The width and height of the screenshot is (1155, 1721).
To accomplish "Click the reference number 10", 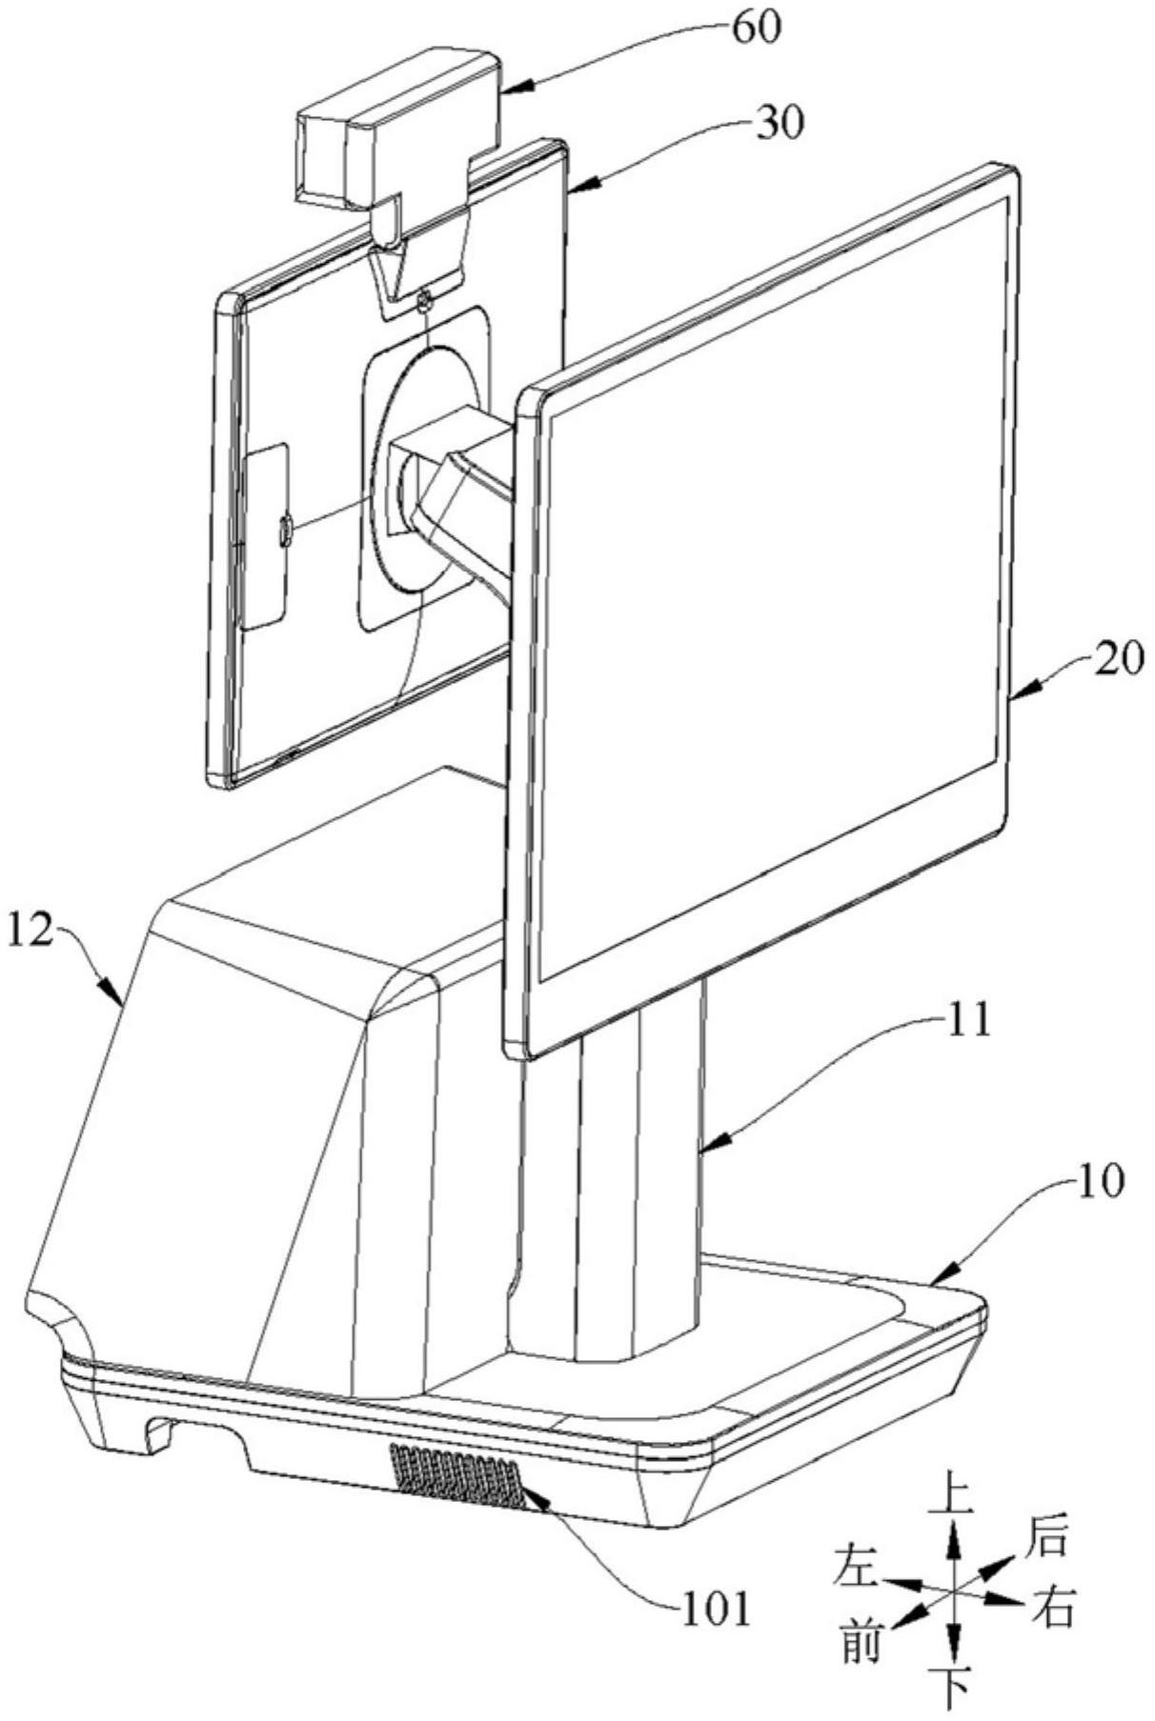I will pos(1101,1181).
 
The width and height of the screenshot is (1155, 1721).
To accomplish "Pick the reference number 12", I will pos(30,930).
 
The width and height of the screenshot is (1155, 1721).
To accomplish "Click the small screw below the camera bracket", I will pos(424,304).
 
